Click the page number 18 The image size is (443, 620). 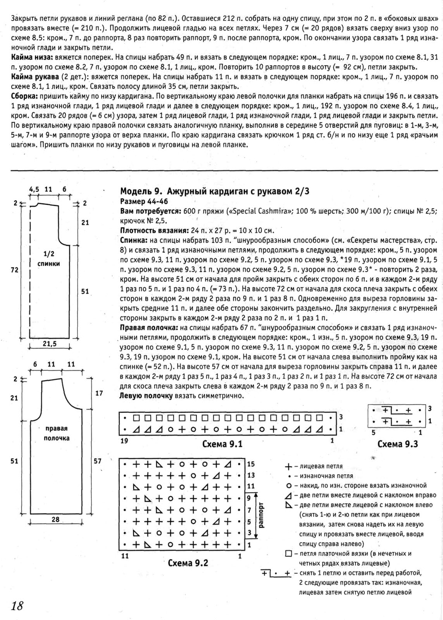point(17,605)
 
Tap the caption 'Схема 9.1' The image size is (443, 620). point(222,444)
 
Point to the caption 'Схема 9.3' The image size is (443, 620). point(398,444)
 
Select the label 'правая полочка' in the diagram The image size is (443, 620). point(57,433)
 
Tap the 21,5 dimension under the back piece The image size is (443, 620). point(50,344)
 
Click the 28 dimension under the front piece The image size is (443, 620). point(55,519)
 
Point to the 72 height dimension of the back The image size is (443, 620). point(14,270)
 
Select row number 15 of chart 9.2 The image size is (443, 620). point(250,464)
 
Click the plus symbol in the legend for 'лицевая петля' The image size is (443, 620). point(288,467)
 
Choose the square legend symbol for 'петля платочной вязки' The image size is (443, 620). point(288,553)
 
